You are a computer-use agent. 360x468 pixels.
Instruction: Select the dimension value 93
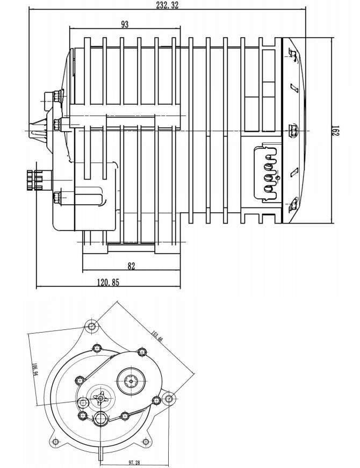pos(125,24)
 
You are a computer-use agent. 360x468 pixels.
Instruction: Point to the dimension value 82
pos(132,266)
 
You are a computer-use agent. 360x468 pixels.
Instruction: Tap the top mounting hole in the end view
pos(92,326)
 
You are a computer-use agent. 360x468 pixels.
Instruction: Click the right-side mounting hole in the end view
pos(169,399)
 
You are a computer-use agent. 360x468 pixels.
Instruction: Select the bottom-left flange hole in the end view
pos(55,441)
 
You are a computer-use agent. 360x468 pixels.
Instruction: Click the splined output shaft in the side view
pos(34,177)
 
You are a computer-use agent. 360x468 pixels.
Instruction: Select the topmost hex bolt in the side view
pos(53,97)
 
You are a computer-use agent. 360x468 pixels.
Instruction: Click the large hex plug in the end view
pos(101,420)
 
